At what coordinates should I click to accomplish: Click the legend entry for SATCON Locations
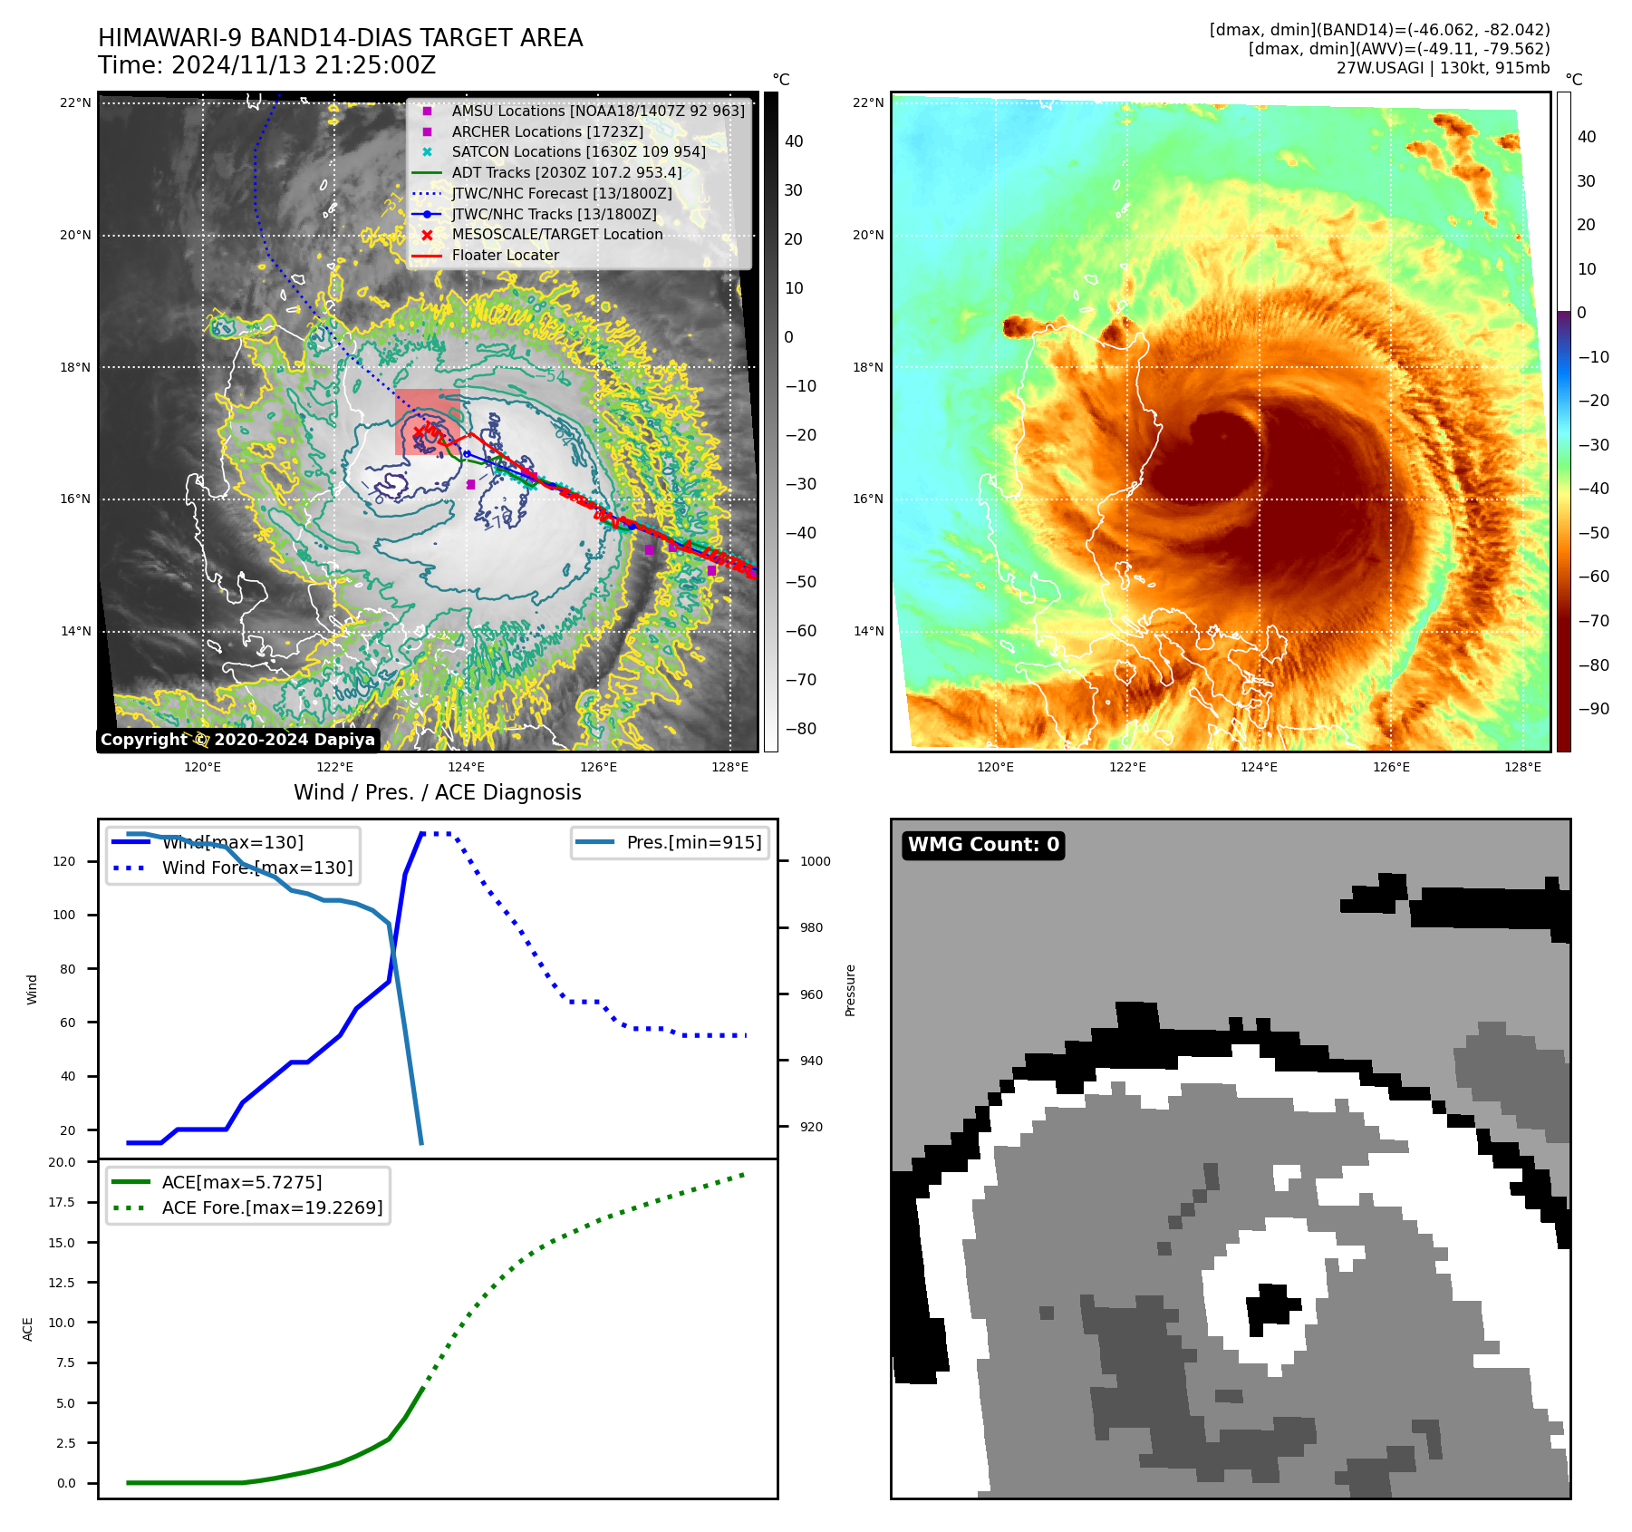coord(578,151)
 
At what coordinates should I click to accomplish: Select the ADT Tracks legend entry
coord(566,172)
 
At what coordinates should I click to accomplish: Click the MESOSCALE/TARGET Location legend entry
coord(556,234)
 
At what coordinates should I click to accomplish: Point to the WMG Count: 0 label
coord(983,845)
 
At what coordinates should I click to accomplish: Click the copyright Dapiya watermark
coord(237,740)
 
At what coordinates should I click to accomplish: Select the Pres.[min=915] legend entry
coord(693,842)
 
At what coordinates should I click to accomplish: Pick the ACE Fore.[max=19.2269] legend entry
coord(272,1207)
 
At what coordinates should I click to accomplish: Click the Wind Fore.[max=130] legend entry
coord(257,868)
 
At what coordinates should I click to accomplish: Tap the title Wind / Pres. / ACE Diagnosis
coord(437,792)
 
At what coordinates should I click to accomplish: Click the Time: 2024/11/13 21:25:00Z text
coord(266,65)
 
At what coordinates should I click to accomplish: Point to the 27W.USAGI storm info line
coord(1443,68)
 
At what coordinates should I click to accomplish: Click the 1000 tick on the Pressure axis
coord(815,861)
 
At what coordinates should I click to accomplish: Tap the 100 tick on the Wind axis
coord(64,915)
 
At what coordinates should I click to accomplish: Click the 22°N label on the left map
coord(75,102)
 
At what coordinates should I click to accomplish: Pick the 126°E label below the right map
coord(1391,767)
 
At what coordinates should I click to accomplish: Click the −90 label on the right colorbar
coord(1593,709)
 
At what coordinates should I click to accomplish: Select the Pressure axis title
coord(850,990)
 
